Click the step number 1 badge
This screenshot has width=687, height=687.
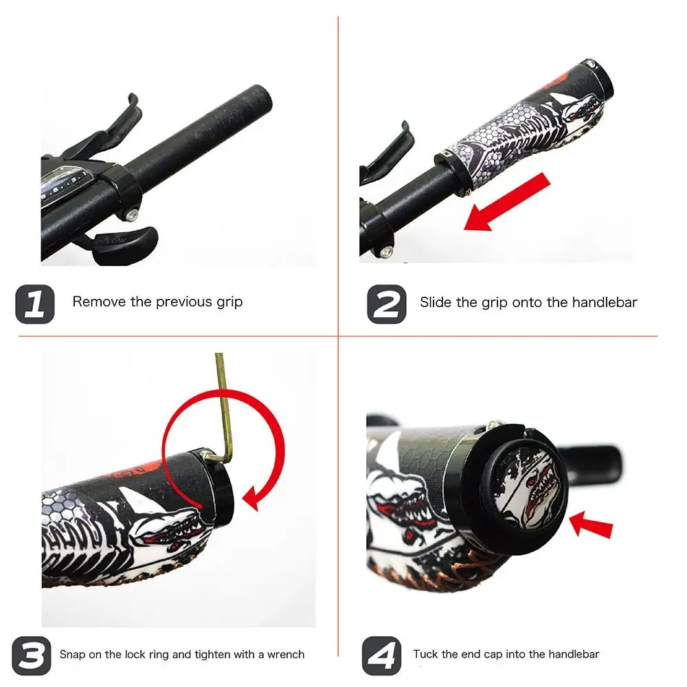click(35, 304)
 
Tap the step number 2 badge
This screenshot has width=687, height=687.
click(386, 304)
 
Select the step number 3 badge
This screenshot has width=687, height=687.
click(31, 655)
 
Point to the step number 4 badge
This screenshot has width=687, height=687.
click(381, 655)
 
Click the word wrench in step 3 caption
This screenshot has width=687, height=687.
click(286, 655)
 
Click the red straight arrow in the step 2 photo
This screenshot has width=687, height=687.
click(507, 202)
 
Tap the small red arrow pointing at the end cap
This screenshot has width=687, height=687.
click(591, 525)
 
